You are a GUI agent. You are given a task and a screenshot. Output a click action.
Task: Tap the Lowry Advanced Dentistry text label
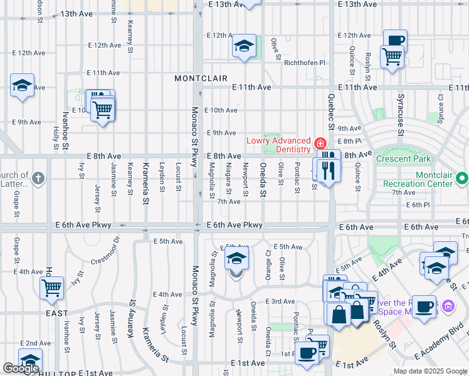click(x=278, y=145)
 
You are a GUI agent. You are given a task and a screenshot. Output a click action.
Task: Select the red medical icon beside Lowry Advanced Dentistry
click(x=320, y=144)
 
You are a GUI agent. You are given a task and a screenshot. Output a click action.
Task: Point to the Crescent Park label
click(x=403, y=159)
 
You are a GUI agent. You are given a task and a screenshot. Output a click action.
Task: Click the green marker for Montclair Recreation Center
click(x=463, y=179)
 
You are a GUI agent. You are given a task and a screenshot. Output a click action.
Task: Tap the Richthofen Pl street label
click(x=305, y=63)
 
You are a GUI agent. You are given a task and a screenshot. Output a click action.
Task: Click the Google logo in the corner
click(x=21, y=368)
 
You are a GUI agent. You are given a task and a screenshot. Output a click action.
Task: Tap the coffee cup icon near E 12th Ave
click(x=395, y=40)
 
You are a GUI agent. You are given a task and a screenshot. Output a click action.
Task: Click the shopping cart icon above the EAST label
click(x=52, y=288)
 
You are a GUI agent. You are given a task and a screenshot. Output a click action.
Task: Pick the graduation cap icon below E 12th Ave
click(x=243, y=46)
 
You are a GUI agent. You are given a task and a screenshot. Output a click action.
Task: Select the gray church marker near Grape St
click(x=38, y=179)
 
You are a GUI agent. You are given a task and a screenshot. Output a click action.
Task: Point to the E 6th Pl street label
click(x=417, y=205)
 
